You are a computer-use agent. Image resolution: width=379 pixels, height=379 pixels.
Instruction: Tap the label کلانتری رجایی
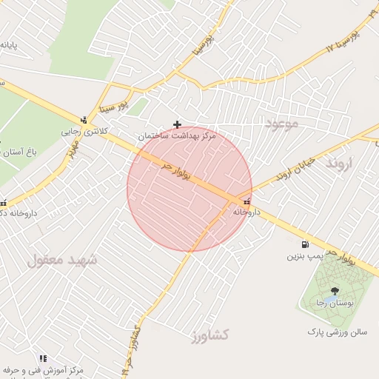pyautogui.click(x=84, y=131)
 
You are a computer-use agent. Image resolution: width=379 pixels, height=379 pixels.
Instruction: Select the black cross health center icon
pyautogui.click(x=176, y=124)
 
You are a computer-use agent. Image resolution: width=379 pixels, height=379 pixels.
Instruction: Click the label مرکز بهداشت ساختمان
pyautogui.click(x=177, y=137)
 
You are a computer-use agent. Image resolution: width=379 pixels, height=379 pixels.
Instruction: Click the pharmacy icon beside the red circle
pyautogui.click(x=246, y=201)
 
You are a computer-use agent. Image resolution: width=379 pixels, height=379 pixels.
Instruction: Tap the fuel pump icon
pyautogui.click(x=305, y=245)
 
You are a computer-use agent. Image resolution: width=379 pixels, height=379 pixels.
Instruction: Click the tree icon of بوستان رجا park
pyautogui.click(x=335, y=292)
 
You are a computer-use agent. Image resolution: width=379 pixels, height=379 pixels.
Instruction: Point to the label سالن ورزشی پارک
pyautogui.click(x=338, y=332)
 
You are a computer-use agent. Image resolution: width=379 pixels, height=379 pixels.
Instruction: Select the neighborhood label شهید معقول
pyautogui.click(x=63, y=260)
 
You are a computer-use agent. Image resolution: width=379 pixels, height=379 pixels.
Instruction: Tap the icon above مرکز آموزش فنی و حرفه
pyautogui.click(x=43, y=358)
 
